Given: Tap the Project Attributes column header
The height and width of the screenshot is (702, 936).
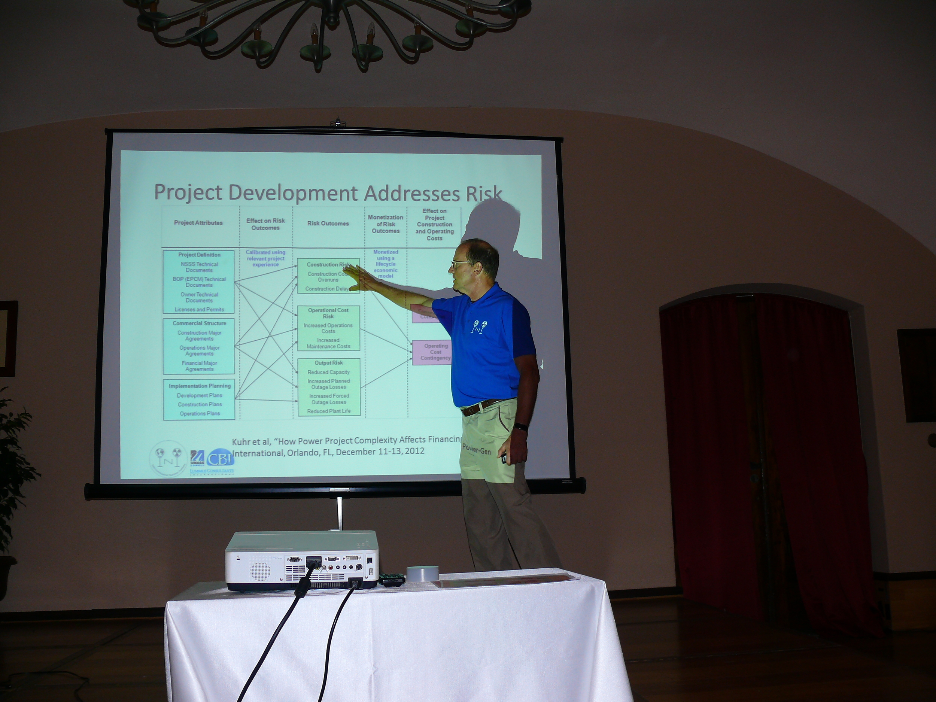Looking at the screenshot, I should click(198, 222).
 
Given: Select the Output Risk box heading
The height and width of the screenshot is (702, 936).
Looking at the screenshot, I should click(328, 363).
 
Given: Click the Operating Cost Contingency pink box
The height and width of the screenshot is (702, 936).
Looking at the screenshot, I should click(435, 352).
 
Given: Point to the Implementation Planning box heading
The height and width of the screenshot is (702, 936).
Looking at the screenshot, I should click(199, 386).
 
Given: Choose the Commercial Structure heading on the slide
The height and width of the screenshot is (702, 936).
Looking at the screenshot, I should click(199, 323).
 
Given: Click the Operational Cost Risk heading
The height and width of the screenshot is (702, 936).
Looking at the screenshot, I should click(328, 313).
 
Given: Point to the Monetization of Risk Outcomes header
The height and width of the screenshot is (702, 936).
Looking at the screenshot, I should click(386, 224).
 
